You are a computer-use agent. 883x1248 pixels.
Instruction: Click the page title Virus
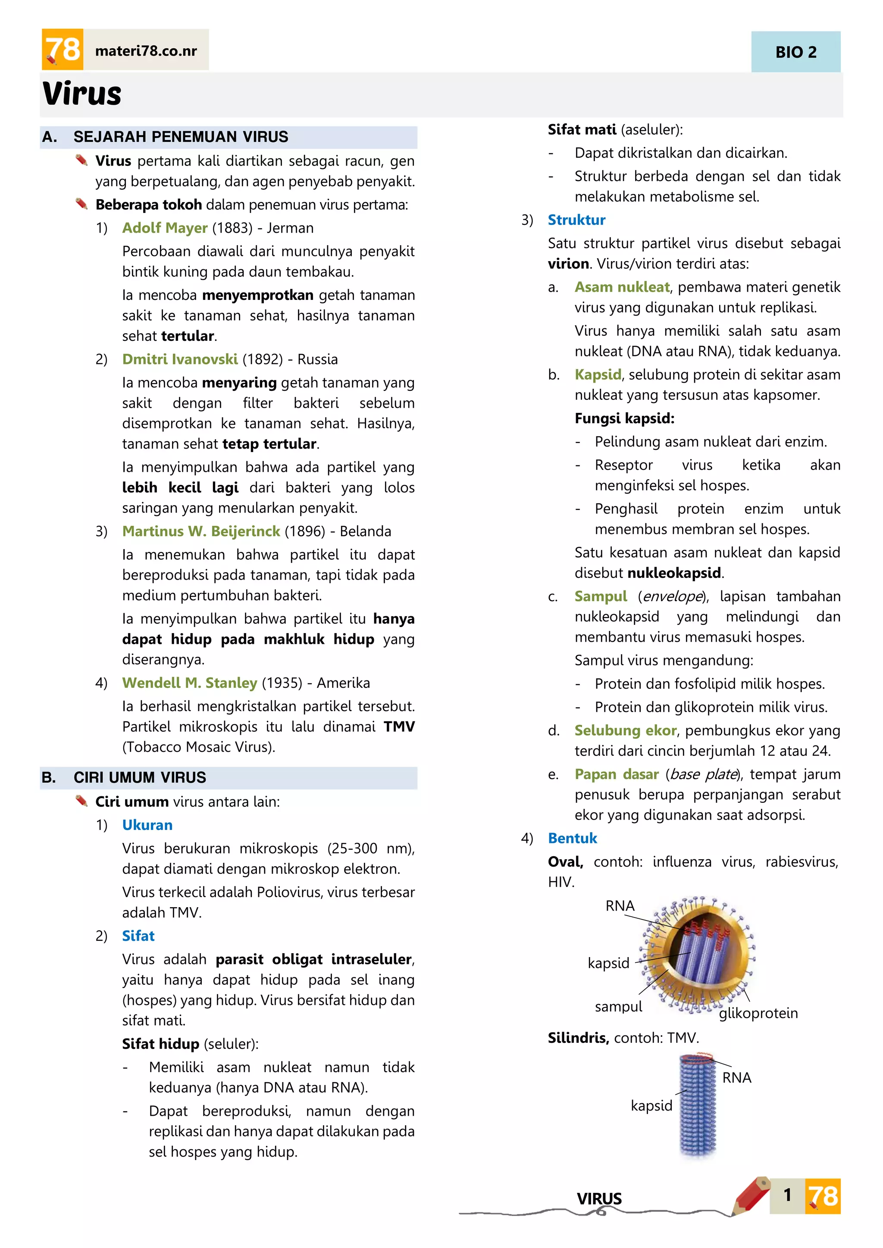[x=82, y=94]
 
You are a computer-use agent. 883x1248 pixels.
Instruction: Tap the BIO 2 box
[x=795, y=52]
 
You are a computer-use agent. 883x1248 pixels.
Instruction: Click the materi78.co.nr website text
[x=146, y=51]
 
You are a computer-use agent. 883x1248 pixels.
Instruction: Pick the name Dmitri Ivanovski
[x=179, y=359]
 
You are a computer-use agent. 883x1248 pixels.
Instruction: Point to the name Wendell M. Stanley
[x=189, y=683]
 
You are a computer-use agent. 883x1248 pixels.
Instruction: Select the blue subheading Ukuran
[x=147, y=825]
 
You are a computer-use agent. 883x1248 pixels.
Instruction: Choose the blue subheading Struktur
[x=576, y=220]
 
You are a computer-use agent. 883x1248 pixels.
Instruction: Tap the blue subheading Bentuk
[x=572, y=838]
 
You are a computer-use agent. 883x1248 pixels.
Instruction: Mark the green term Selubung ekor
[x=625, y=730]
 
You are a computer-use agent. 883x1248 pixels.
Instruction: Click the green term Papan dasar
[x=617, y=774]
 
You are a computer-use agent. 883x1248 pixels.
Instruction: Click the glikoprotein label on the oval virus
[x=758, y=1013]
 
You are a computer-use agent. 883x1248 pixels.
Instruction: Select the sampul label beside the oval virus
[x=618, y=1007]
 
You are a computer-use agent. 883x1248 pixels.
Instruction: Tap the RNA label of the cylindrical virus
[x=736, y=1077]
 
